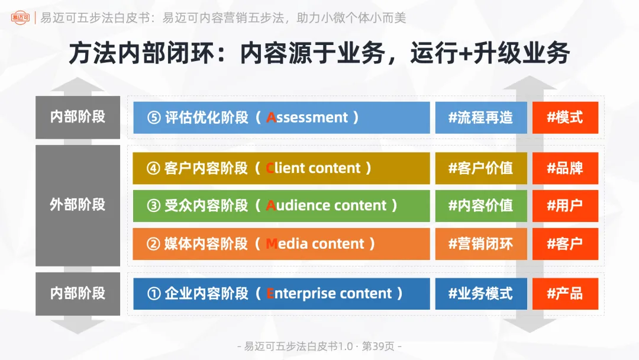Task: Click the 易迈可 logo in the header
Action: point(21,18)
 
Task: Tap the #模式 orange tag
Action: point(565,117)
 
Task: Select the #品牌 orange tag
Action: point(565,168)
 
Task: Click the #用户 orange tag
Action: point(565,205)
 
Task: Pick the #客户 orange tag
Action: point(565,243)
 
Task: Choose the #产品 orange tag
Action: point(565,293)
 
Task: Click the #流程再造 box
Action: point(480,117)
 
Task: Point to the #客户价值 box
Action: point(480,168)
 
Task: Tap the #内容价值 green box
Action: point(480,205)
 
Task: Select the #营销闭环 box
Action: point(480,243)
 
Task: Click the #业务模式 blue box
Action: point(480,293)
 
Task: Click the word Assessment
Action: point(307,117)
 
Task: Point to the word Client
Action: point(285,168)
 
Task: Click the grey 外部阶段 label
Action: point(78,205)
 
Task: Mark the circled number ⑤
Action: point(154,118)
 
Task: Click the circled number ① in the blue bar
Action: point(154,294)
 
